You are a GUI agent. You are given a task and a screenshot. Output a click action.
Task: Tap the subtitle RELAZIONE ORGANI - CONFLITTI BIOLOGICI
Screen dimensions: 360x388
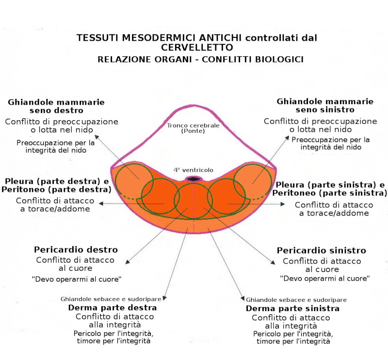click(200, 59)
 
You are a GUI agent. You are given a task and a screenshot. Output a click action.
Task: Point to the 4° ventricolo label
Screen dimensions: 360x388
click(193, 170)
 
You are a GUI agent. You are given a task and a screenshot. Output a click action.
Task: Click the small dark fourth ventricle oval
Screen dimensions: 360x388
click(193, 179)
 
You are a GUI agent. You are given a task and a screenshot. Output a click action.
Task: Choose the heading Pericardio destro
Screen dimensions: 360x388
click(76, 250)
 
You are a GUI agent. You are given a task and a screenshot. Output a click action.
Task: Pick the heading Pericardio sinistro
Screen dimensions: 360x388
click(321, 251)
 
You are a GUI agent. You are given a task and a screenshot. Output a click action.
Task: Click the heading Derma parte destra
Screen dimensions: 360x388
click(112, 308)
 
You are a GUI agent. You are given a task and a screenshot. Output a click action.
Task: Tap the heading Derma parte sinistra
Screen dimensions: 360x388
click(292, 309)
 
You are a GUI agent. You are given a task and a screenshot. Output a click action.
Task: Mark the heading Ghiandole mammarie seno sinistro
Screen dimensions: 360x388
click(324, 106)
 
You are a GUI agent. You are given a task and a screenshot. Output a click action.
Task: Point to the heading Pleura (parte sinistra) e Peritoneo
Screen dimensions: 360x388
click(330, 189)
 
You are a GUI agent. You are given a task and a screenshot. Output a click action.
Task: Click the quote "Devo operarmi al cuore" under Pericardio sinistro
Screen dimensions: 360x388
click(325, 279)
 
